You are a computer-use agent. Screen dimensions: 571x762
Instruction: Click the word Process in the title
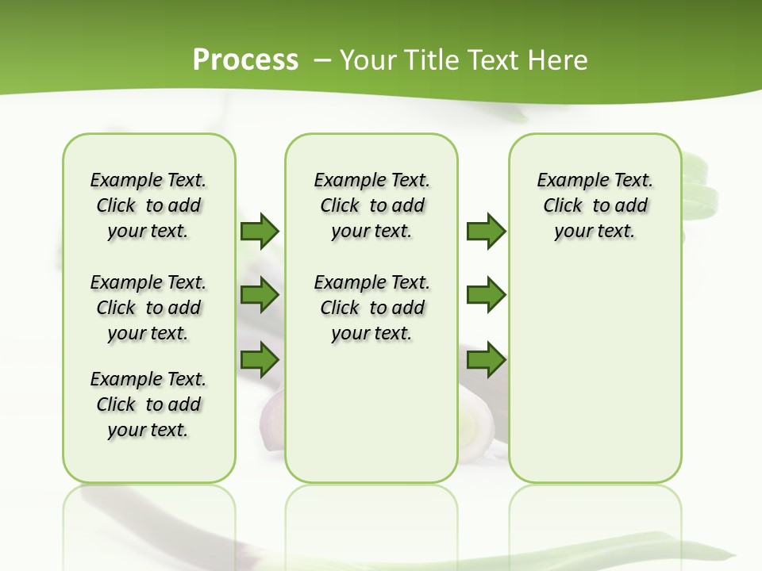tap(245, 59)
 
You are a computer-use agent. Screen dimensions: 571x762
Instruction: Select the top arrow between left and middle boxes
tap(259, 231)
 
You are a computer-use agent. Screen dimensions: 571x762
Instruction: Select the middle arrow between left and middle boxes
tap(259, 295)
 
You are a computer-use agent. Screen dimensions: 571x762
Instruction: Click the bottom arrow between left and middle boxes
tap(259, 359)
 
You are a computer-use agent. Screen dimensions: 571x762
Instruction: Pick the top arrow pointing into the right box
tap(485, 231)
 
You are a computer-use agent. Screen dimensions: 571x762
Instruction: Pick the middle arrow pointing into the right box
tap(485, 295)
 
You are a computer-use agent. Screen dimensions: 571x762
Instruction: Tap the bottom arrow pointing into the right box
tap(485, 359)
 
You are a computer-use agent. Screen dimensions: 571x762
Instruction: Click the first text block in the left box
tap(148, 205)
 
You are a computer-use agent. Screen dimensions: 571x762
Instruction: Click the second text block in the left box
tap(148, 308)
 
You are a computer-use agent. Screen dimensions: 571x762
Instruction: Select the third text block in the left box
tap(148, 404)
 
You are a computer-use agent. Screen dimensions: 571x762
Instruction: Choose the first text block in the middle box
tap(371, 205)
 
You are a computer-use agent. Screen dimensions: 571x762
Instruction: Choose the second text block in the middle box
tap(371, 308)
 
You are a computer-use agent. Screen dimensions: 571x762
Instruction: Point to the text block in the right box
tap(595, 205)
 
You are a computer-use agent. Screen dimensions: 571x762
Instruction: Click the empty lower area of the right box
tap(595, 381)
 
